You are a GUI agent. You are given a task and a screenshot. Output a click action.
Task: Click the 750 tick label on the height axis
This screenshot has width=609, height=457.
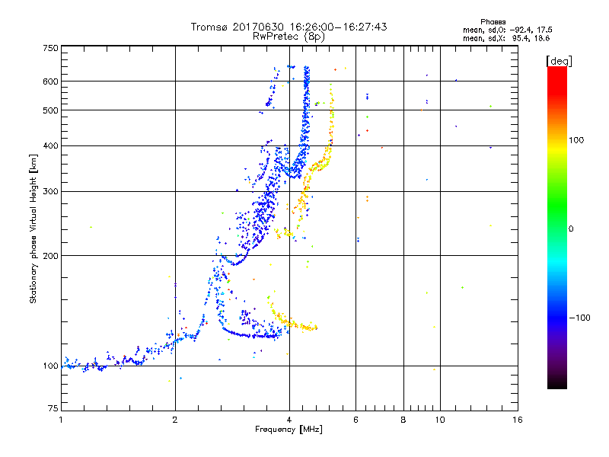point(50,48)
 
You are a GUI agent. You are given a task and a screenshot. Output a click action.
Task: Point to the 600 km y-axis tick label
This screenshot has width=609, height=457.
point(50,81)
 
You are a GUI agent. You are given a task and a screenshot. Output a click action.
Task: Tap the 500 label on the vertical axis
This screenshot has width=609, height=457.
point(50,110)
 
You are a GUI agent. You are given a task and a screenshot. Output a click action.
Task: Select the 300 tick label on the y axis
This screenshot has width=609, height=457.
point(50,192)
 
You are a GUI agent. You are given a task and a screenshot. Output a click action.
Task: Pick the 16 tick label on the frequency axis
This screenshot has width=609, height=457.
point(517,420)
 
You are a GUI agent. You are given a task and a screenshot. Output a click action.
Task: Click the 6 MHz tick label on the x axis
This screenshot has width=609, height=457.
point(356,420)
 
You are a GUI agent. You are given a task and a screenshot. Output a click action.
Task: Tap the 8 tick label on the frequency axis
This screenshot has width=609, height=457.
point(403,420)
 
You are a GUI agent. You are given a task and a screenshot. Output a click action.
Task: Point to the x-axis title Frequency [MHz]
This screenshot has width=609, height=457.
point(289,430)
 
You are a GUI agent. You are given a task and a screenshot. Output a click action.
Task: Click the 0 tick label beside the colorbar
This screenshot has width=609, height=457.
point(572,228)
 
